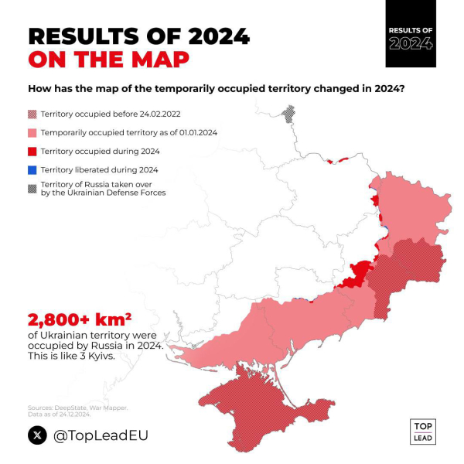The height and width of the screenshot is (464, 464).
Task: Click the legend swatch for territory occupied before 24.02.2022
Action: click(x=32, y=113)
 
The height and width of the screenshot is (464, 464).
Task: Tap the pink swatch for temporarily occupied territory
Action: click(x=32, y=132)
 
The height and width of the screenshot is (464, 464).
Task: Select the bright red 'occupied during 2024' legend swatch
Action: click(x=32, y=151)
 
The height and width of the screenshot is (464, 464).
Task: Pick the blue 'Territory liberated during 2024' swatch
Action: click(x=32, y=169)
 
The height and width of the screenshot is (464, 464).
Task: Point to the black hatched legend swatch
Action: click(x=32, y=188)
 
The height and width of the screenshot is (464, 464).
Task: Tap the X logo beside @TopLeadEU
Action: click(x=37, y=435)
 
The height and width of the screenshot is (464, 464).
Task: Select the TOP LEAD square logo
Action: click(x=422, y=432)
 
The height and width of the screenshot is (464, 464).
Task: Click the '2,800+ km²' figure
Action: click(x=79, y=319)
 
